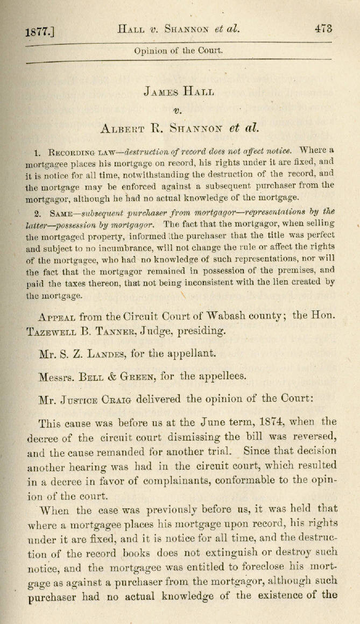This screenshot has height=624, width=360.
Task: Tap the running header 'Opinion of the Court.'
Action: pyautogui.click(x=178, y=52)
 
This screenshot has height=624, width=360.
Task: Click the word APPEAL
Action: pyautogui.click(x=60, y=317)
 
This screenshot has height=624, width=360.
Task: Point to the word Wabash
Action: pyautogui.click(x=242, y=316)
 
